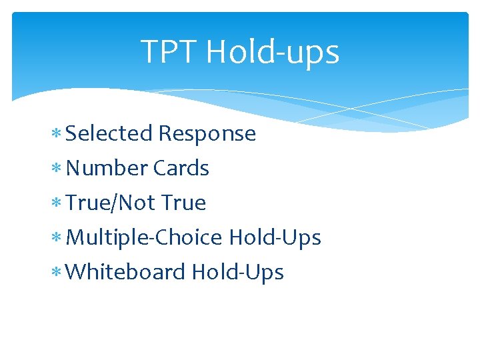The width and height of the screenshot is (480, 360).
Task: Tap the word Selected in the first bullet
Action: click(109, 133)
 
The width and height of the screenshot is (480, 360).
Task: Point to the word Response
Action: click(207, 133)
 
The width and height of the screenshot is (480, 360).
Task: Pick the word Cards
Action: click(181, 168)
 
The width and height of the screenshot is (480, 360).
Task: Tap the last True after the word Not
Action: click(183, 203)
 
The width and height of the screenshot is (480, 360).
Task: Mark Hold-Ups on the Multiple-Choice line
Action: click(275, 237)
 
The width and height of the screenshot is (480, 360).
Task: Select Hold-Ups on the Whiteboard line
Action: click(237, 272)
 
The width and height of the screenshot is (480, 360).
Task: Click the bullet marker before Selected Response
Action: click(58, 135)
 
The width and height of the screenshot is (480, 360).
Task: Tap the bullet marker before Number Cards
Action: click(58, 169)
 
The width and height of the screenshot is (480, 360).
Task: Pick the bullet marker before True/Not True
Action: click(58, 204)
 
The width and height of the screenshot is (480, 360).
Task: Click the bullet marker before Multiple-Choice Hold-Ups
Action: click(58, 239)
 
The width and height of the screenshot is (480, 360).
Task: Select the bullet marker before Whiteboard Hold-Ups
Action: click(58, 273)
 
